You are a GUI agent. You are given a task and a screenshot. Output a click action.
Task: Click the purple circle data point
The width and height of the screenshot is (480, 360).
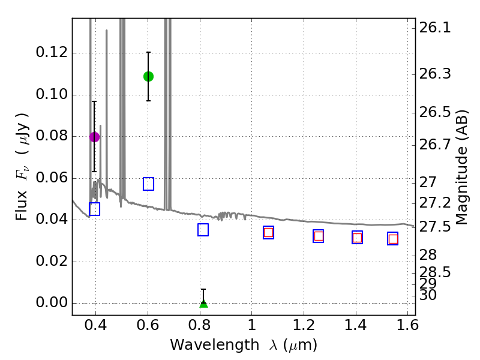[x=94, y=137]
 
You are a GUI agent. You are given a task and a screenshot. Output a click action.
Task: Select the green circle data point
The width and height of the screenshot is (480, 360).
[x=148, y=76]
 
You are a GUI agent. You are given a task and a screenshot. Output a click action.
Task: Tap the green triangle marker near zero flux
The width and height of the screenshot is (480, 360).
[x=203, y=303]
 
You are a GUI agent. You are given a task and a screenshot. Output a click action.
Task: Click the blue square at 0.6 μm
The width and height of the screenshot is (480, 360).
[x=148, y=184]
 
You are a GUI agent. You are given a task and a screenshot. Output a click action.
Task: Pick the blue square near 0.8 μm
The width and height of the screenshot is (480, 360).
[x=203, y=230]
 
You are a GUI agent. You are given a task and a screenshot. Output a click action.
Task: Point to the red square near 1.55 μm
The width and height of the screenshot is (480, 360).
[x=393, y=239]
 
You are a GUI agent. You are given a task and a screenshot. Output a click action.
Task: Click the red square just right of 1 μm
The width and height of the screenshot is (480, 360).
[x=268, y=233]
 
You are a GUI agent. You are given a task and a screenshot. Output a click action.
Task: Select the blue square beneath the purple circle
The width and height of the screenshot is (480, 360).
[x=94, y=209]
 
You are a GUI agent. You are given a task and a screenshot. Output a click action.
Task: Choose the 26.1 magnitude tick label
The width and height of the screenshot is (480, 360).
[x=437, y=28]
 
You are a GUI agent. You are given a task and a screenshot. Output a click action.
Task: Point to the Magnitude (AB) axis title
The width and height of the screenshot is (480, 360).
[x=461, y=167]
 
